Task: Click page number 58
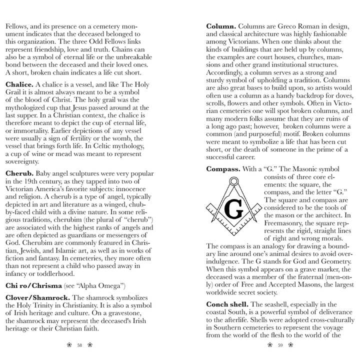pyautogui.click(x=79, y=345)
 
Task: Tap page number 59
pyautogui.click(x=280, y=345)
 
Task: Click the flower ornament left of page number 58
pyautogui.click(x=69, y=345)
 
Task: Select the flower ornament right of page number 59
pyautogui.click(x=291, y=345)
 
